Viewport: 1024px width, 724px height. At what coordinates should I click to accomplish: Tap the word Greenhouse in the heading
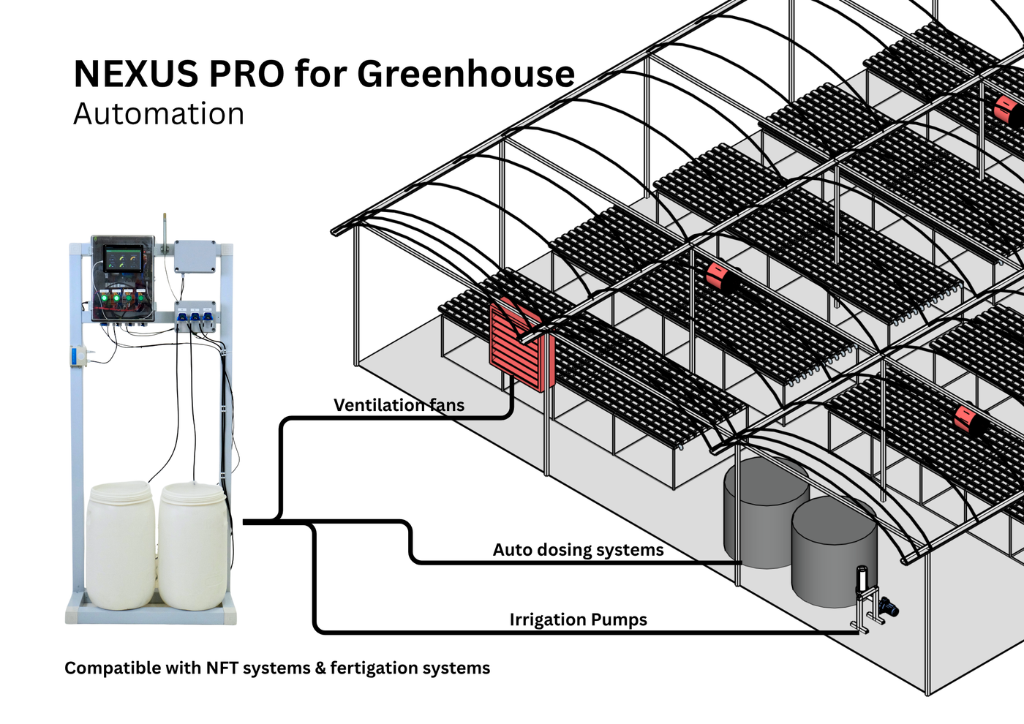(465, 74)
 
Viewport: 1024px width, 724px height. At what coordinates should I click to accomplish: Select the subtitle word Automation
(159, 114)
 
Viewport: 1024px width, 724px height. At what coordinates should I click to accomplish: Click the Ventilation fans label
(399, 405)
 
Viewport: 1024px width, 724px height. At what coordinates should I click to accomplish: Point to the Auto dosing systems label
(578, 550)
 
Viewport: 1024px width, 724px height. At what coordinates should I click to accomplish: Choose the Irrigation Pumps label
(578, 620)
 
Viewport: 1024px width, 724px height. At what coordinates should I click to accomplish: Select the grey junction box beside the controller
(195, 256)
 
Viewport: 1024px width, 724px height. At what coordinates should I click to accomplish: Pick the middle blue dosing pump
(195, 316)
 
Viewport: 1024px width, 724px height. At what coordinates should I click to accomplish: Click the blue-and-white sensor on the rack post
(75, 358)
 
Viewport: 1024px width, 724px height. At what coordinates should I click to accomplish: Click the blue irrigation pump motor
(889, 606)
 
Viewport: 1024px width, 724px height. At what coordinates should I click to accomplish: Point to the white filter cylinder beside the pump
(863, 579)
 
